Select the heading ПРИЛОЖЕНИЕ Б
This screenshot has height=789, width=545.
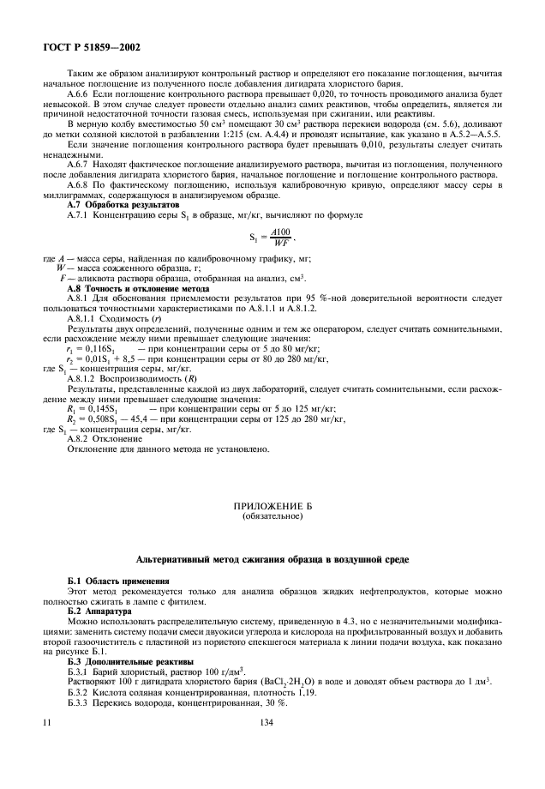point(272,508)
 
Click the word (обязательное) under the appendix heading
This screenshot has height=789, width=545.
point(272,517)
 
